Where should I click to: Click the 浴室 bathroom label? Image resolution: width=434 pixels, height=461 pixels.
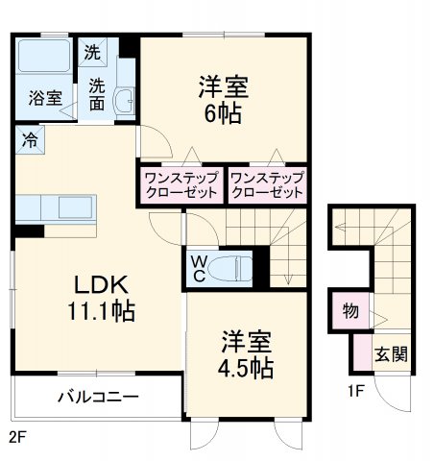(x=45, y=97)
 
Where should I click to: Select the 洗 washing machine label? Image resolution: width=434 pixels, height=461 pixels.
(x=93, y=51)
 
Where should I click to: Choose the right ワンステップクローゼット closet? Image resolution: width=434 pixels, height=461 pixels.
(x=267, y=185)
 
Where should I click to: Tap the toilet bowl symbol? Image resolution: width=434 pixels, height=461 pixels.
(x=231, y=268)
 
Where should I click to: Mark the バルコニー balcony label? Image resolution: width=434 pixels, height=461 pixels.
(x=98, y=397)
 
